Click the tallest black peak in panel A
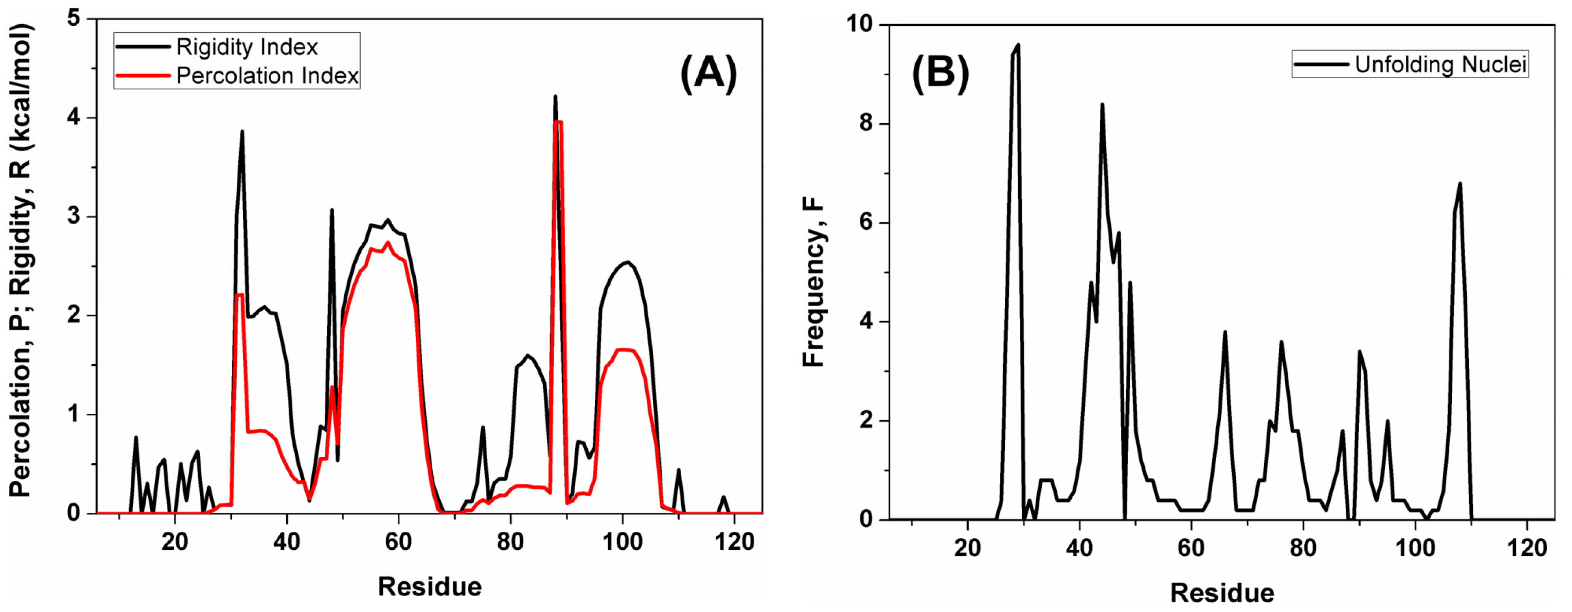click(x=555, y=96)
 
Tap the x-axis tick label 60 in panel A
click(x=398, y=542)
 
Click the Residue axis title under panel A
click(x=430, y=586)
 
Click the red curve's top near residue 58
click(x=387, y=243)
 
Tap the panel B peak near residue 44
click(x=1102, y=105)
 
